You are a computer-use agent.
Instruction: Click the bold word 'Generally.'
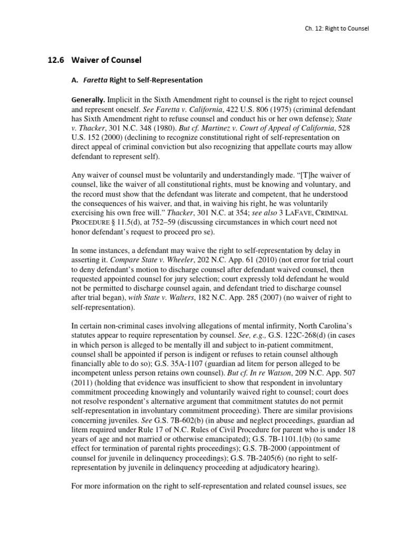click(x=88, y=100)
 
